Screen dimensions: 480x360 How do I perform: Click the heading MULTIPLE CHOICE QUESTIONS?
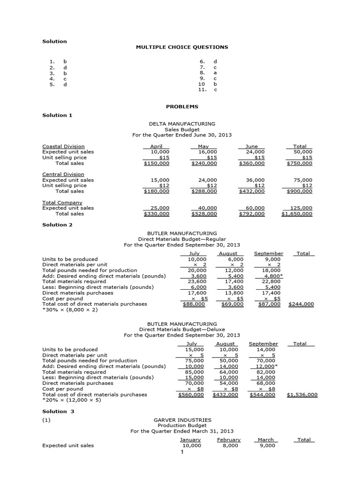coord(182,47)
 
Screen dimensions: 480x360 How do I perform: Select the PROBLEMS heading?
coord(182,106)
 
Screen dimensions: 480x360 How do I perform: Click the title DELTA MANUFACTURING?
coord(182,124)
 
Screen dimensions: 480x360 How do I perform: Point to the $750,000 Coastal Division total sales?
coord(300,163)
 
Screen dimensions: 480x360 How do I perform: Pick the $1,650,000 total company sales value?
coord(297,214)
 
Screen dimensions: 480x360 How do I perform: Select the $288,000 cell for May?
coord(204,191)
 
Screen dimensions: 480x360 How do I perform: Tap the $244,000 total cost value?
coord(303,304)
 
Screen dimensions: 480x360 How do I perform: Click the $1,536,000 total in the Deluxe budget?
coord(302,395)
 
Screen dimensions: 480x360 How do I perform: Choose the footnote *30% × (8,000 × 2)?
coord(70,310)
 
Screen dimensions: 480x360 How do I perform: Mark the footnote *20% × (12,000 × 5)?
coord(71,400)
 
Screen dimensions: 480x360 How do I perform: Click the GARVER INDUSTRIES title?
coord(182,420)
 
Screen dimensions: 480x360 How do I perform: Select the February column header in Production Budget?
coord(229,440)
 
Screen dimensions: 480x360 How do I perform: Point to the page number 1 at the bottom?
coord(182,452)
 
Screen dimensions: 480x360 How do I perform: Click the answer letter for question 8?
coord(215,73)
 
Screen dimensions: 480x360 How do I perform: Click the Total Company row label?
coord(62,202)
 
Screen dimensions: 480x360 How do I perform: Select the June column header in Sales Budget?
coord(252,146)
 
